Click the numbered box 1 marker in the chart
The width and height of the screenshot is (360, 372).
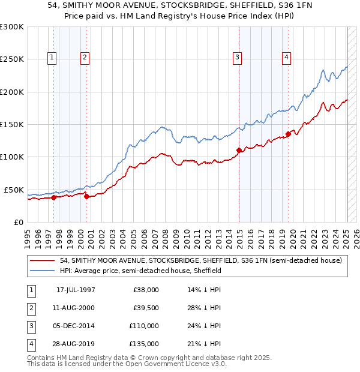click(x=53, y=58)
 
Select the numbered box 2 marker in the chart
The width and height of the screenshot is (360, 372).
click(x=85, y=58)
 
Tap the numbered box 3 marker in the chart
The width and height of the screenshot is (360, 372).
click(x=238, y=58)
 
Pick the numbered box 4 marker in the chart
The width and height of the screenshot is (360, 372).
click(x=287, y=58)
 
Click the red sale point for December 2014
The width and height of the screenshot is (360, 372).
click(x=239, y=150)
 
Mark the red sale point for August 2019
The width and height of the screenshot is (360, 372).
click(x=289, y=134)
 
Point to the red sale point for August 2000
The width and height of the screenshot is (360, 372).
click(x=86, y=196)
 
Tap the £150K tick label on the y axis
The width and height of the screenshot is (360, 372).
click(x=12, y=124)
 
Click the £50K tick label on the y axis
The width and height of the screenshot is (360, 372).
click(x=14, y=190)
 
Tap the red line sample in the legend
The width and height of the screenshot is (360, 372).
click(x=43, y=260)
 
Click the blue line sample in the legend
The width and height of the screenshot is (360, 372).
click(x=43, y=271)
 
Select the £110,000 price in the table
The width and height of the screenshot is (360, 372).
click(x=146, y=326)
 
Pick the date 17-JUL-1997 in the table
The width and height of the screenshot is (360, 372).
click(x=76, y=290)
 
